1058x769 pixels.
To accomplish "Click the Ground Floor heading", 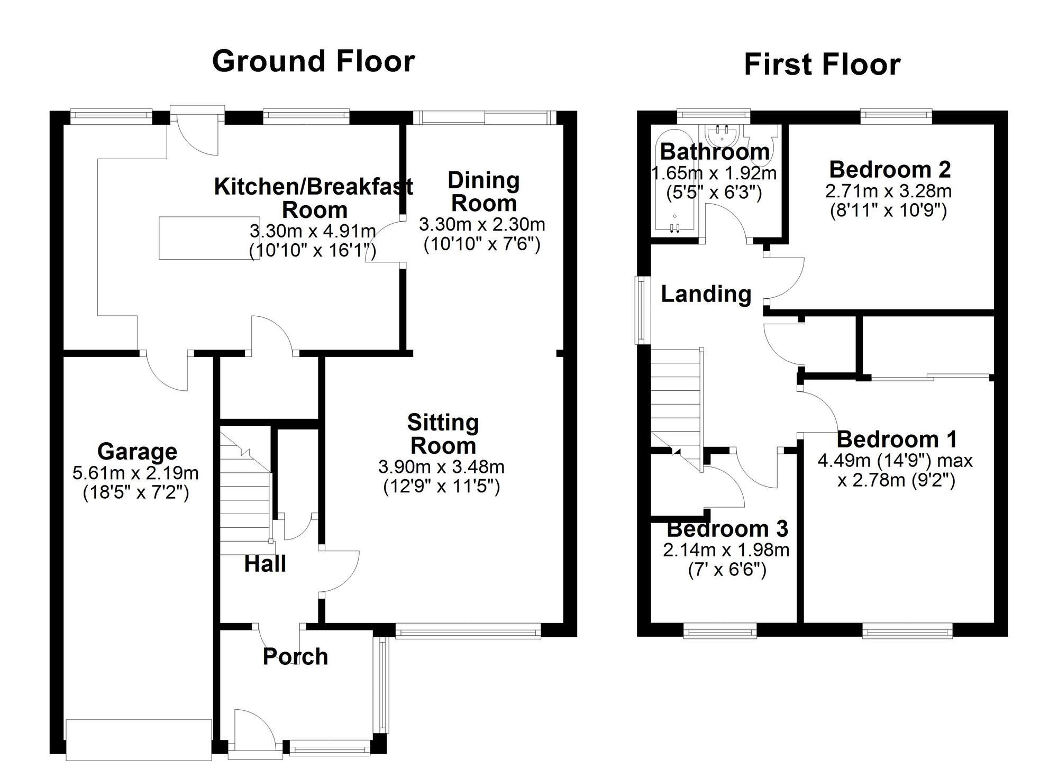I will point(313,61).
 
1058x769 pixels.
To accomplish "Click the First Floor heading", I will point(822,65).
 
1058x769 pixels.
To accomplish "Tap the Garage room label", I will point(137,452).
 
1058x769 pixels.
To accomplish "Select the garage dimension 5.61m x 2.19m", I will point(135,472).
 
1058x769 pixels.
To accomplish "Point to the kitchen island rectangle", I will point(209,237).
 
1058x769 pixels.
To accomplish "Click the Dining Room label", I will point(484,191).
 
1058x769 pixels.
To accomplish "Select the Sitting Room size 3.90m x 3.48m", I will point(441,467).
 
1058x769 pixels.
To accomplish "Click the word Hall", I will point(265,564).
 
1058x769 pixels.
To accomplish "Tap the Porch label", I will point(295,657).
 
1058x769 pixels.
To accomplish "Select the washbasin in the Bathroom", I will point(722,136).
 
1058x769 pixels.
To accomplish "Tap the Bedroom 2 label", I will point(890,170).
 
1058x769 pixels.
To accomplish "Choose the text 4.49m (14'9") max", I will point(895,461).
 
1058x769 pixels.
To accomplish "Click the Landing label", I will point(706,294).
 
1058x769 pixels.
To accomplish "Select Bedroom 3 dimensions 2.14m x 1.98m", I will point(726,550).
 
